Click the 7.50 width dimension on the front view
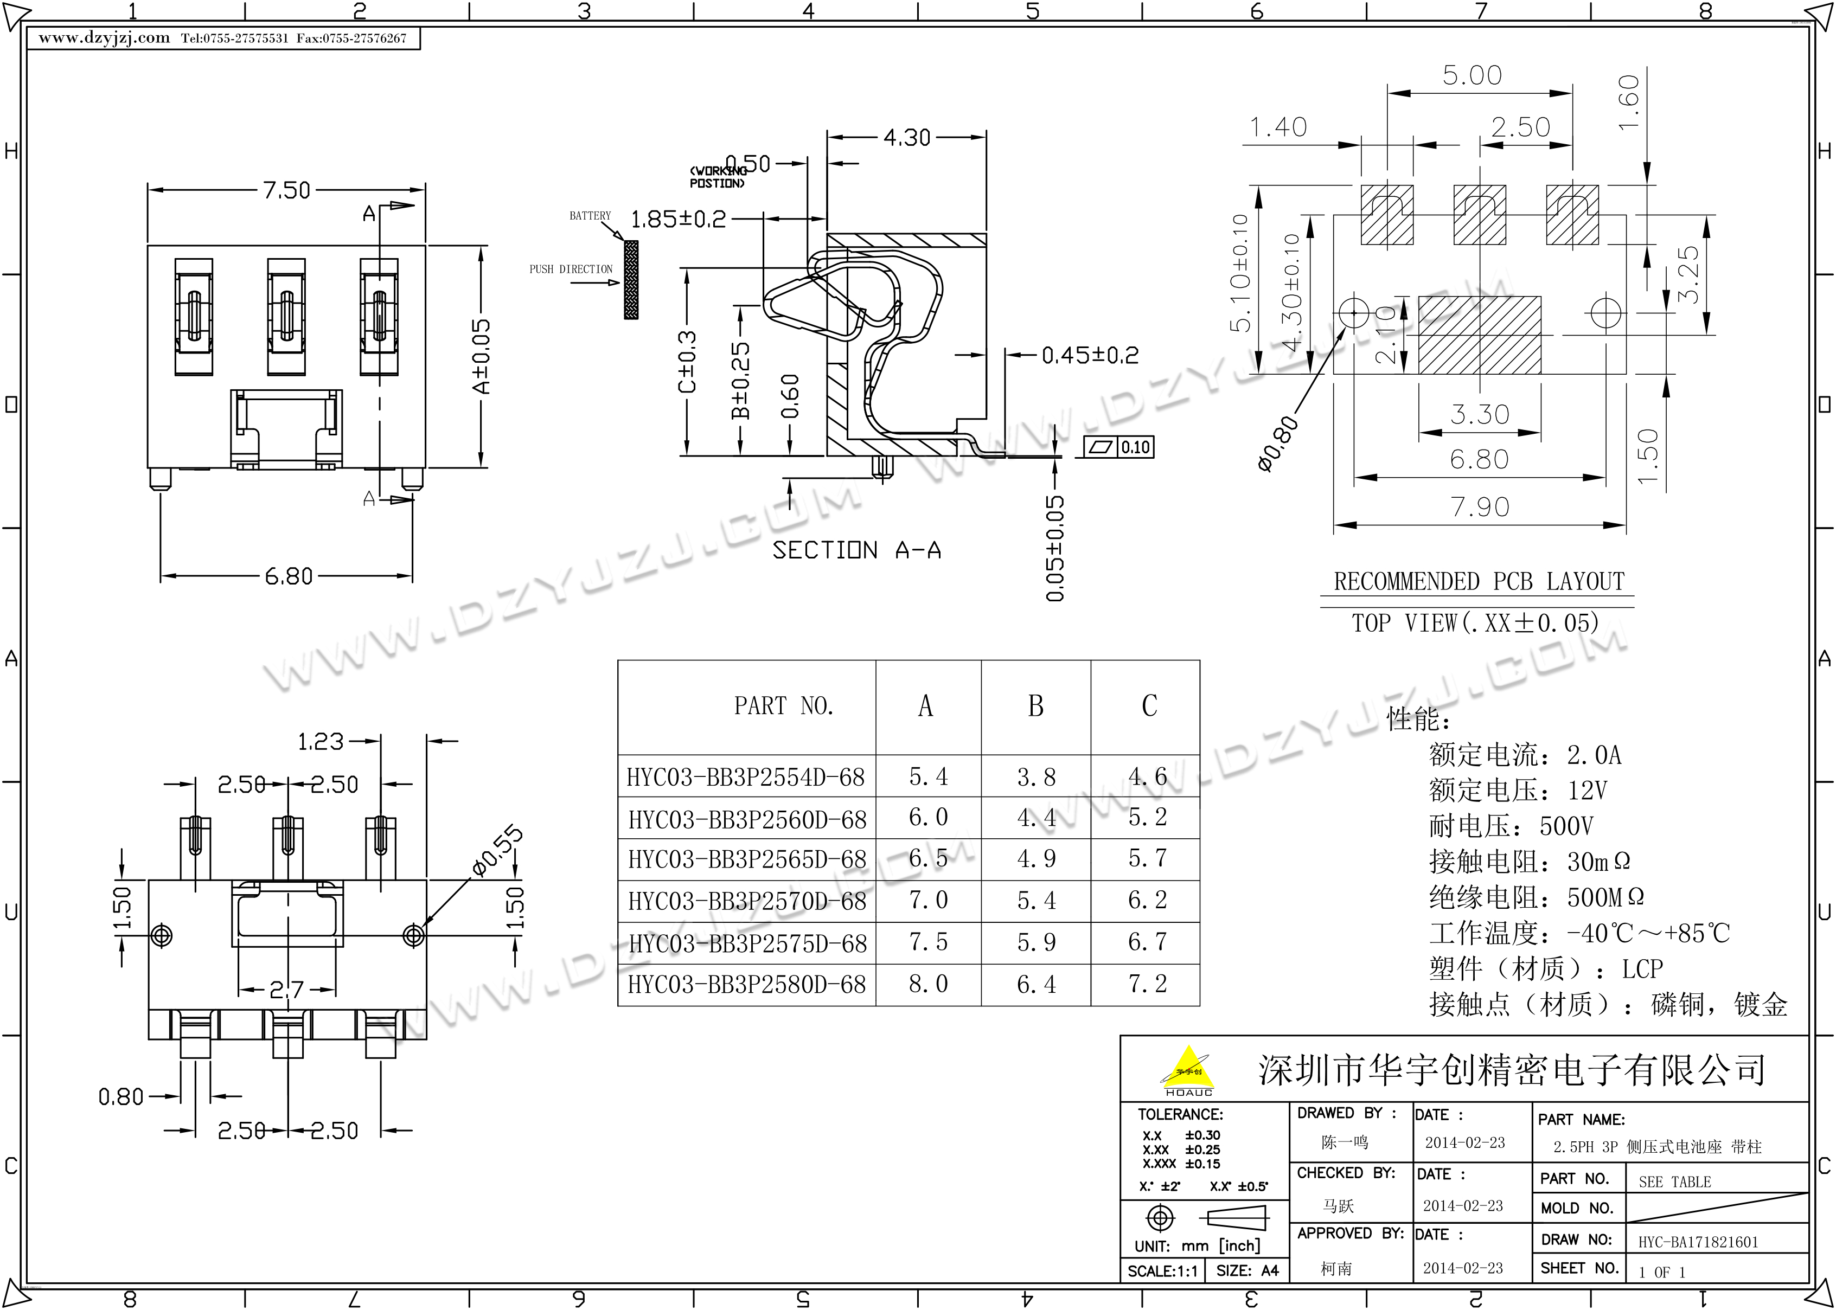pyautogui.click(x=286, y=190)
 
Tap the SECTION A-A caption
pyautogui.click(x=856, y=550)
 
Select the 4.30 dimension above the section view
pyautogui.click(x=907, y=138)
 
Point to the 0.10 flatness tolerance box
pyautogui.click(x=1135, y=447)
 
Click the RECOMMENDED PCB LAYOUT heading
pyautogui.click(x=1479, y=582)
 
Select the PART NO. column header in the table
pyautogui.click(x=783, y=706)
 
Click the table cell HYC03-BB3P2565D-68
pyautogui.click(x=747, y=859)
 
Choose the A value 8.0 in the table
pyautogui.click(x=927, y=984)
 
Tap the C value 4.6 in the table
pyautogui.click(x=1147, y=777)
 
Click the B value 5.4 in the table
pyautogui.click(x=1036, y=900)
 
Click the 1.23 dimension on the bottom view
pyautogui.click(x=320, y=741)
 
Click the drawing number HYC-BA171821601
pyautogui.click(x=1698, y=1242)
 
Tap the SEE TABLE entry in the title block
pyautogui.click(x=1675, y=1181)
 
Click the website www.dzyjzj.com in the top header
pyautogui.click(x=104, y=38)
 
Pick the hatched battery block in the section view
pyautogui.click(x=631, y=279)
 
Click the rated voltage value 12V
pyautogui.click(x=1588, y=791)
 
